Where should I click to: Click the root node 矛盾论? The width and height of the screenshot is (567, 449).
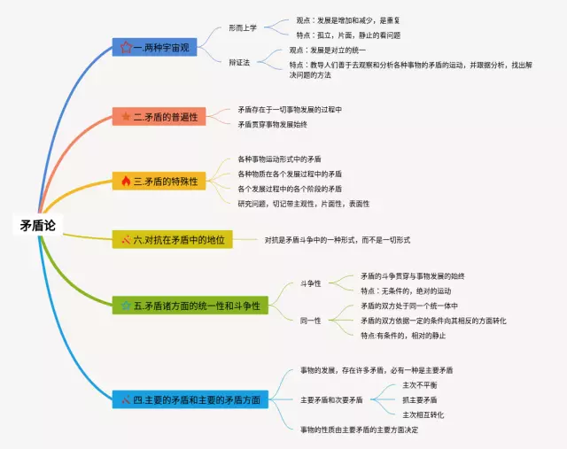[x=37, y=226]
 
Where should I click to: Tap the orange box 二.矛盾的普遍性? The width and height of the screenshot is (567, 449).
[x=159, y=116]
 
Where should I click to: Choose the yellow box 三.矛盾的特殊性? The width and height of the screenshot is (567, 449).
[x=159, y=181]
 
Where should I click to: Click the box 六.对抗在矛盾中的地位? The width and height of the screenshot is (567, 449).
[x=172, y=239]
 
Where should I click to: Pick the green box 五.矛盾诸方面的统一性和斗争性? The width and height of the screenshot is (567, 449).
[x=190, y=306]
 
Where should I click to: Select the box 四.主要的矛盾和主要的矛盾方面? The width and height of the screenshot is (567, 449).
[x=190, y=399]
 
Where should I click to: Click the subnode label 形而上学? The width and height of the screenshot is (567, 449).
[x=242, y=27]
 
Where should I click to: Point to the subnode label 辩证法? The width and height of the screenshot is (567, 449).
[x=239, y=61]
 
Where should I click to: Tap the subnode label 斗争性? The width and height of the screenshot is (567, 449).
[x=311, y=283]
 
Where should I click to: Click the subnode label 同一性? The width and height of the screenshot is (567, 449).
[x=311, y=321]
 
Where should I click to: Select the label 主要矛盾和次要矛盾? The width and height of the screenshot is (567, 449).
[x=331, y=400]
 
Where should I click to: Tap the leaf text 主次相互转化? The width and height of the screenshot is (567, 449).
[x=423, y=414]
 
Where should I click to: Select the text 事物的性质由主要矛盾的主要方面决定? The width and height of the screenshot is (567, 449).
[x=359, y=430]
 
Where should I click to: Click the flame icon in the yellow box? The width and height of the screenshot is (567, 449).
[x=125, y=181]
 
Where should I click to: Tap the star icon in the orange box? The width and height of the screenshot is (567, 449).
[x=125, y=116]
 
